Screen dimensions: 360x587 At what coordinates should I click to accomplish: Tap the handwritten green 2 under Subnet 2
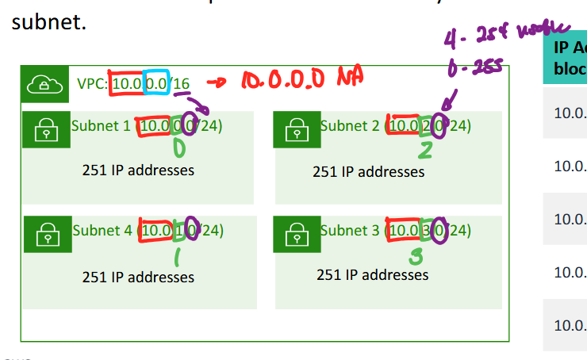pyautogui.click(x=427, y=150)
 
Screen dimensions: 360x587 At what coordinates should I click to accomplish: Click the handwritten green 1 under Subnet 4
pyautogui.click(x=178, y=256)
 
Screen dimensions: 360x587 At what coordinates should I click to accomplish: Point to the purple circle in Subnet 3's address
pyautogui.click(x=441, y=230)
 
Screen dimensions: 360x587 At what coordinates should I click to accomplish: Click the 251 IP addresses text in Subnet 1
pyautogui.click(x=138, y=170)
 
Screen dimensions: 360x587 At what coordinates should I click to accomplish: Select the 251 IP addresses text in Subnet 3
pyautogui.click(x=372, y=275)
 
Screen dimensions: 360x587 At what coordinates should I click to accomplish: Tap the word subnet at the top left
pyautogui.click(x=47, y=21)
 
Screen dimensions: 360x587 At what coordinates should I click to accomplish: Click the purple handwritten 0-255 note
pyautogui.click(x=476, y=69)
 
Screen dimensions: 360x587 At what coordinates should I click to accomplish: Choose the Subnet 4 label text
pyautogui.click(x=103, y=231)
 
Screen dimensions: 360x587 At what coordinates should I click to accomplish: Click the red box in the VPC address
pyautogui.click(x=127, y=83)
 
